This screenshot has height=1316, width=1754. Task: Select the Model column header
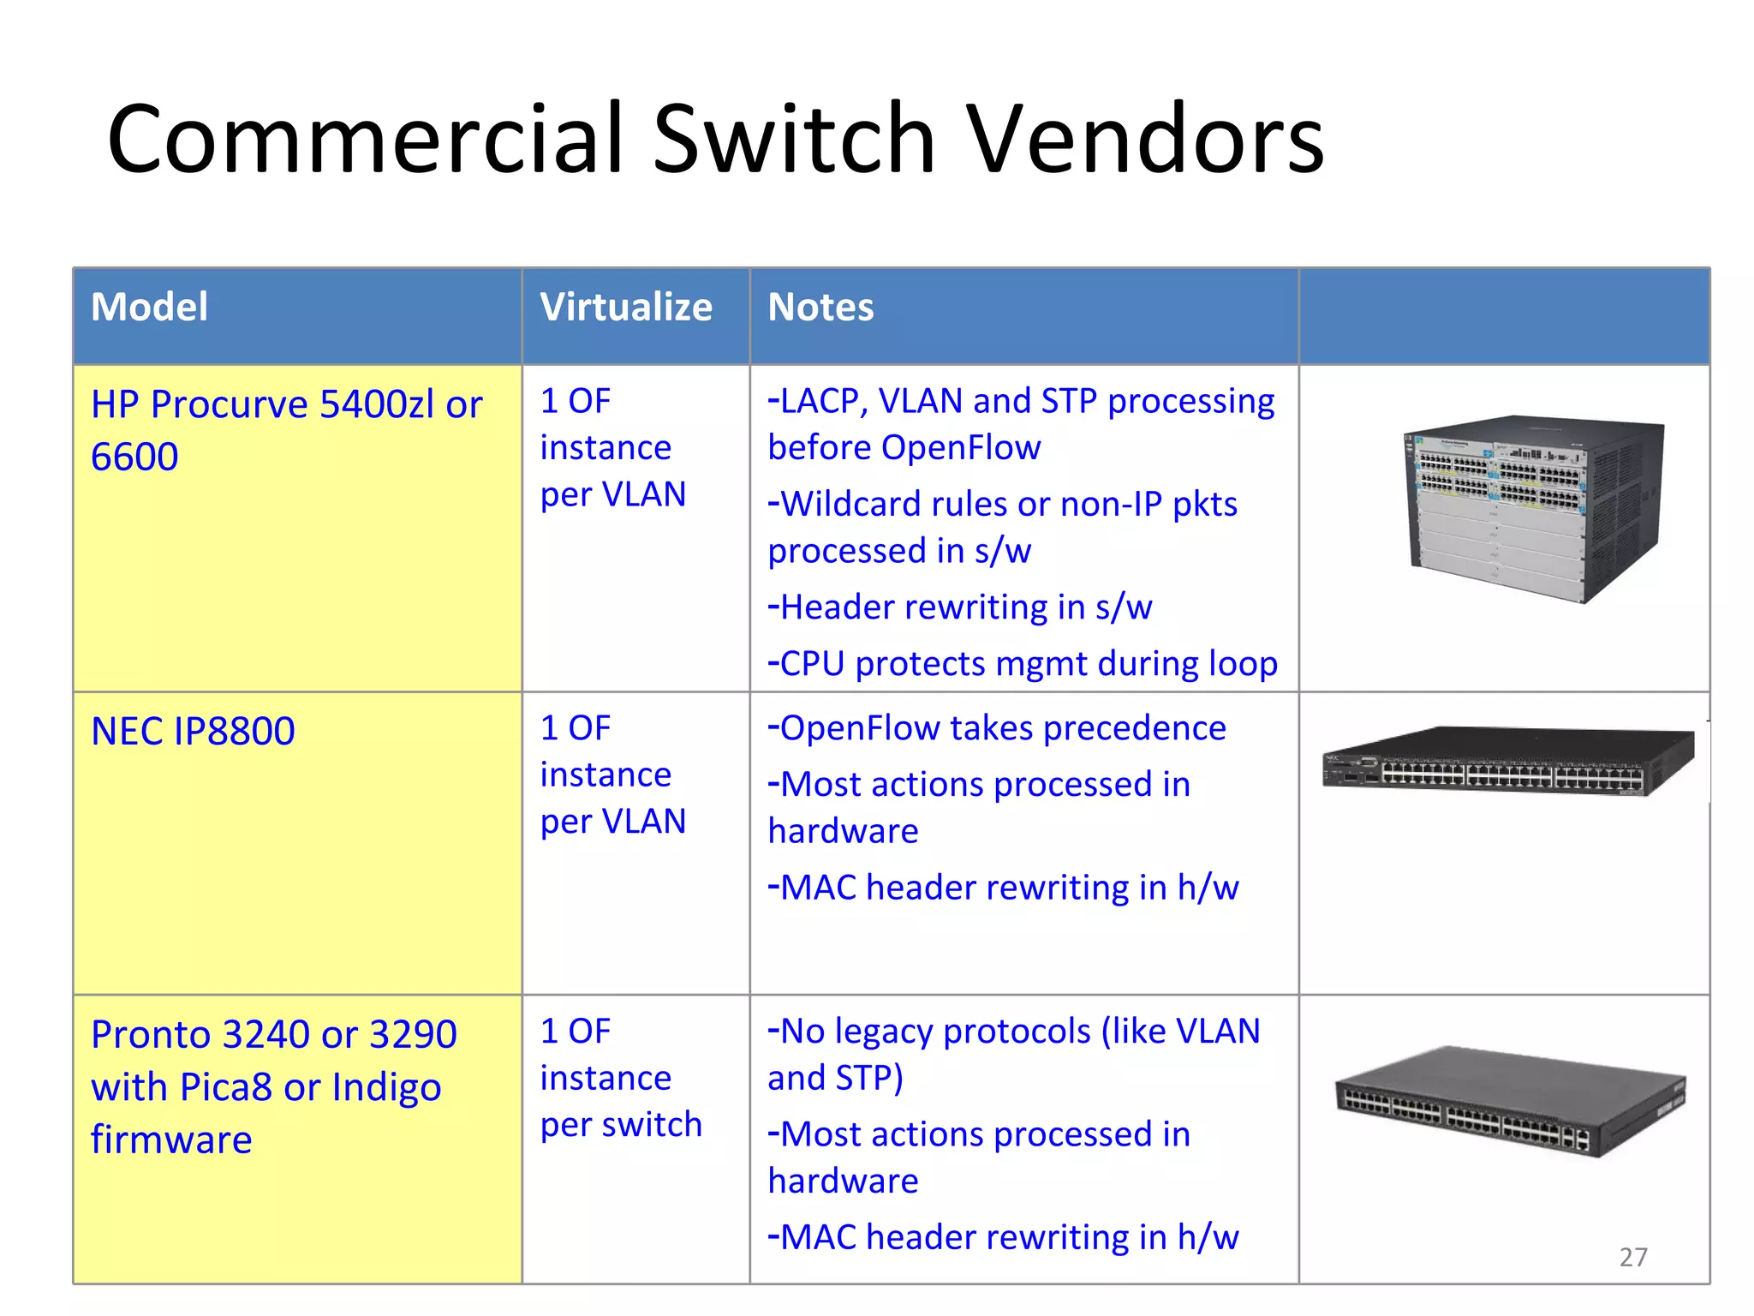click(149, 307)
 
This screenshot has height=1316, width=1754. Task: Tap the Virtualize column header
click(625, 307)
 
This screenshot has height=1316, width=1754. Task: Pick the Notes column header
click(820, 307)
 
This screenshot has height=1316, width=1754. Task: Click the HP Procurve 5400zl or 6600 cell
click(286, 430)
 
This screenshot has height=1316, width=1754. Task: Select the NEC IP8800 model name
click(193, 732)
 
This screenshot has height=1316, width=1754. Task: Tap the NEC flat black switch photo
click(1507, 761)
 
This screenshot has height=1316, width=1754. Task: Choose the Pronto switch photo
click(1511, 1102)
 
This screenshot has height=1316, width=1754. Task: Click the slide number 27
click(1633, 1257)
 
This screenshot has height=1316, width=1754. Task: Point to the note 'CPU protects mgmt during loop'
click(1023, 664)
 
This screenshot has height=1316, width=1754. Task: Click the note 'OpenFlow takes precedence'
click(998, 728)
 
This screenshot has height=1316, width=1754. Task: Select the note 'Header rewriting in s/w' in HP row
click(961, 607)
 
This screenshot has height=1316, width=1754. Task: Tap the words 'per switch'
click(621, 1125)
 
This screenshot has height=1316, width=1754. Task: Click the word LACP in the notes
click(822, 401)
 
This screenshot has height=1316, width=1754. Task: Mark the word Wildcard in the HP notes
click(851, 505)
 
